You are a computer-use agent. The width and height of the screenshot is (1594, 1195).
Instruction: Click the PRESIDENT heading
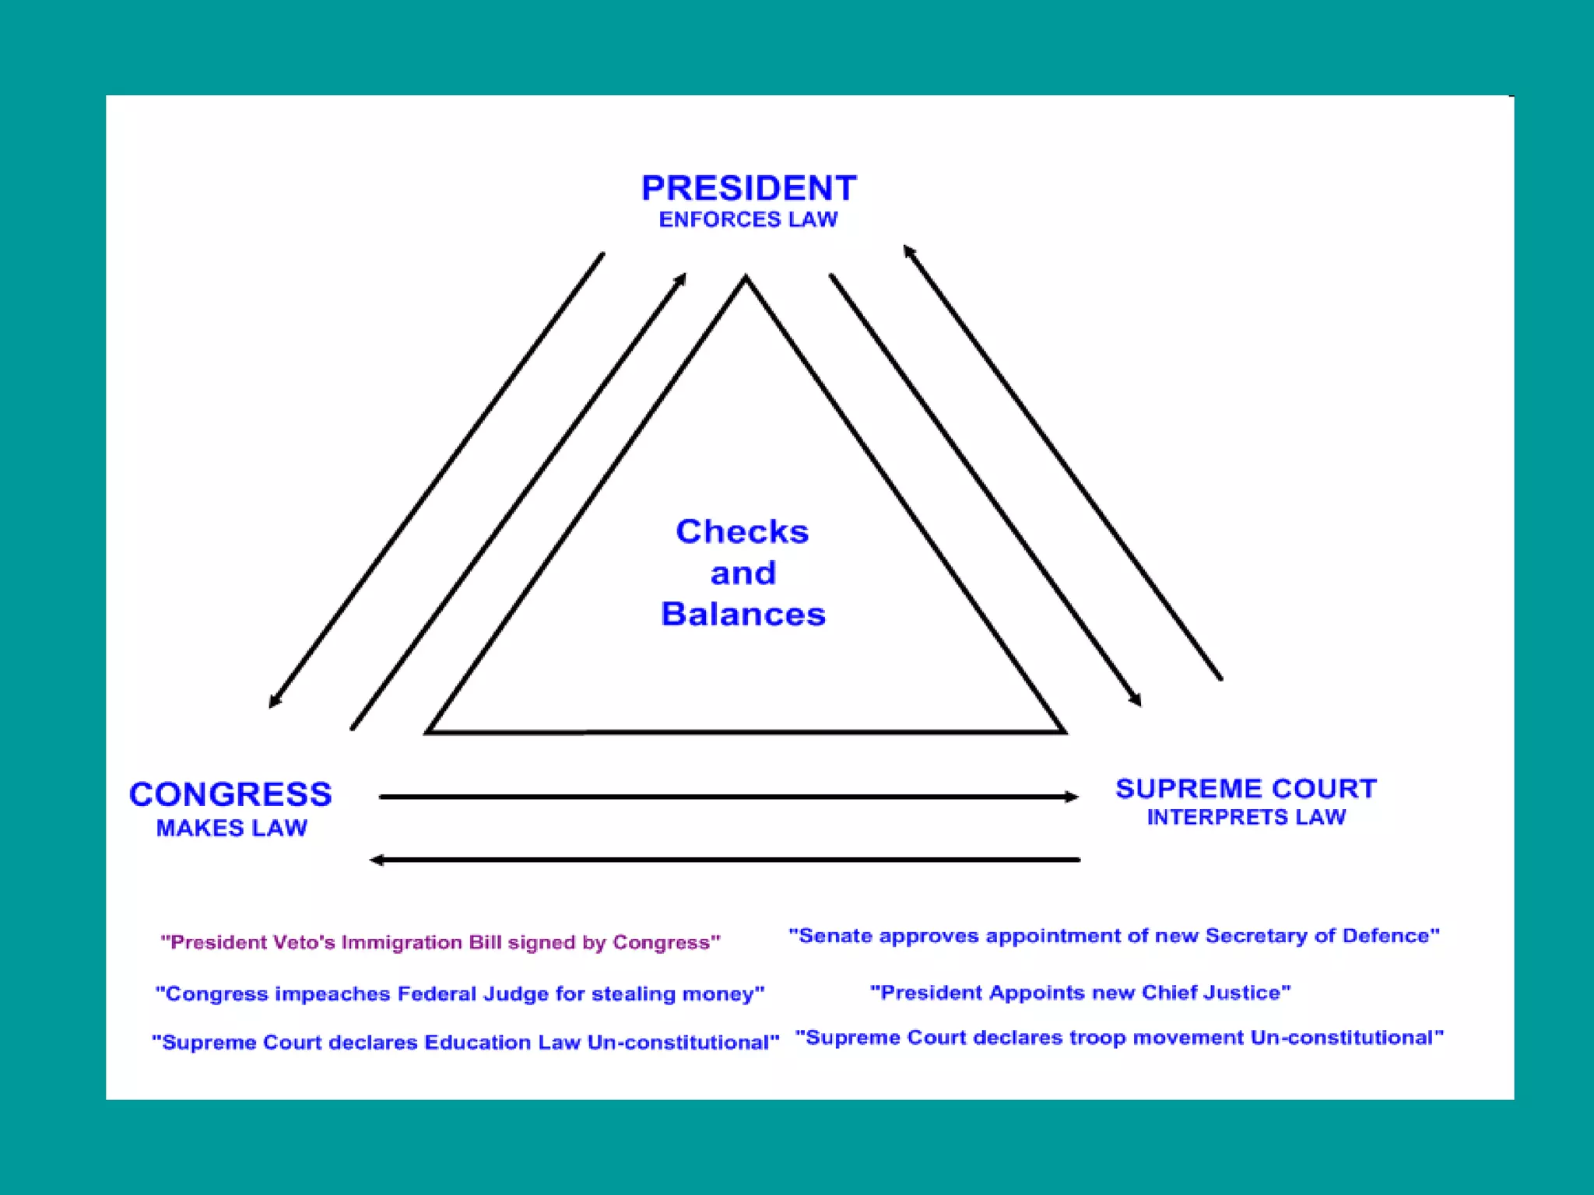[748, 188]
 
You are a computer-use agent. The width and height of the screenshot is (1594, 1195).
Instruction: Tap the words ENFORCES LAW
[748, 220]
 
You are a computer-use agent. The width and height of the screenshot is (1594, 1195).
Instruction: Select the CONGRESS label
[230, 794]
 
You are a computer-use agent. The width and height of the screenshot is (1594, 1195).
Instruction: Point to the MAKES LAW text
[232, 829]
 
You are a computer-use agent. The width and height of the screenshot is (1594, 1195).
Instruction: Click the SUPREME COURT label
[1246, 789]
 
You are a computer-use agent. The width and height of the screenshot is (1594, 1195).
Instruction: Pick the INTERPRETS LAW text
[1246, 818]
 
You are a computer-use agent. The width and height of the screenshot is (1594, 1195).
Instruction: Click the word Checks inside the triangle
[743, 532]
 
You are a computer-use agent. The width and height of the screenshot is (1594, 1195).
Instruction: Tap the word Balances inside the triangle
[743, 615]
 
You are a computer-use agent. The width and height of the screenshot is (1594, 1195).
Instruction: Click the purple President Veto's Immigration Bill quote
[441, 943]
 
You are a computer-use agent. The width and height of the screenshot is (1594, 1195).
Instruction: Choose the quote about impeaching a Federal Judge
[460, 994]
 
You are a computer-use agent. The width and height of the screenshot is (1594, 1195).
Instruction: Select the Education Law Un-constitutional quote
[465, 1043]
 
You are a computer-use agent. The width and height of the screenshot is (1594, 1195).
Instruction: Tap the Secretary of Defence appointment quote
[1114, 936]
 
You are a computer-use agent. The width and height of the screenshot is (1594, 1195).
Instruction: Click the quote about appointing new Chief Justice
[1080, 993]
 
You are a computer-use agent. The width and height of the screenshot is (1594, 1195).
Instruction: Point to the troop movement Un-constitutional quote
[1119, 1038]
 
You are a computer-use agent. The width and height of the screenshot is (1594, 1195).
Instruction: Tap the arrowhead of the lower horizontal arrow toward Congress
[376, 860]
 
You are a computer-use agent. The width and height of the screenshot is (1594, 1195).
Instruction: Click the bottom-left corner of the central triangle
[428, 732]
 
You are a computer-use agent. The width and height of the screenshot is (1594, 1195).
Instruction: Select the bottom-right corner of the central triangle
[1064, 732]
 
